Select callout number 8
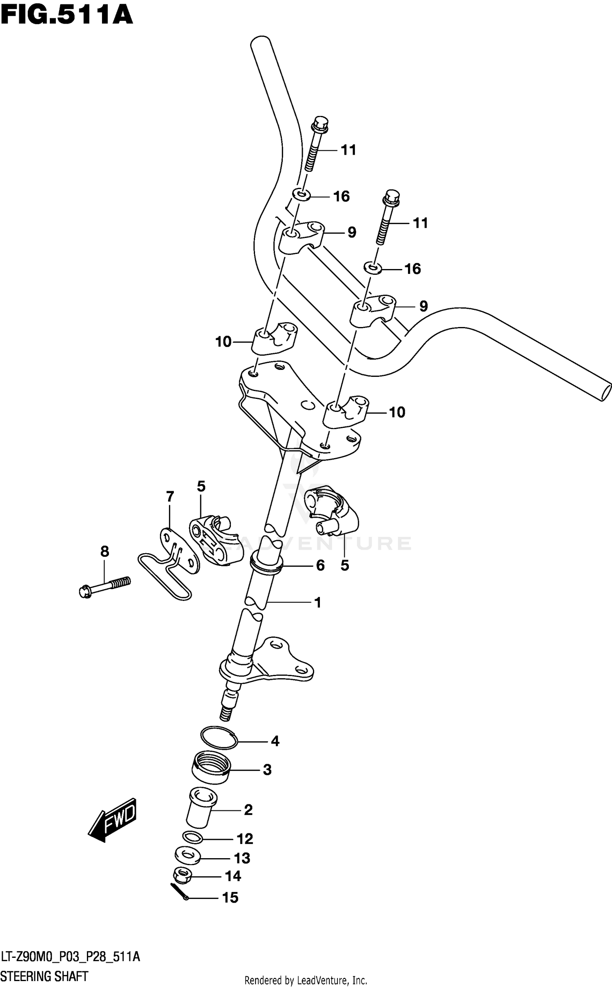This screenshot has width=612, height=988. pos(104,552)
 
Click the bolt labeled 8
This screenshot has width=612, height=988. pos(104,587)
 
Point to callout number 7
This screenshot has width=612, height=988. pos(170,496)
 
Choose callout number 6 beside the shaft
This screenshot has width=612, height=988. pos(320,565)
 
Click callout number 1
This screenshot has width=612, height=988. pos(317,602)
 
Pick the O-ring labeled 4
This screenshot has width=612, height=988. pos(219,739)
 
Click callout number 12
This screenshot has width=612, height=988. pos(245,839)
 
